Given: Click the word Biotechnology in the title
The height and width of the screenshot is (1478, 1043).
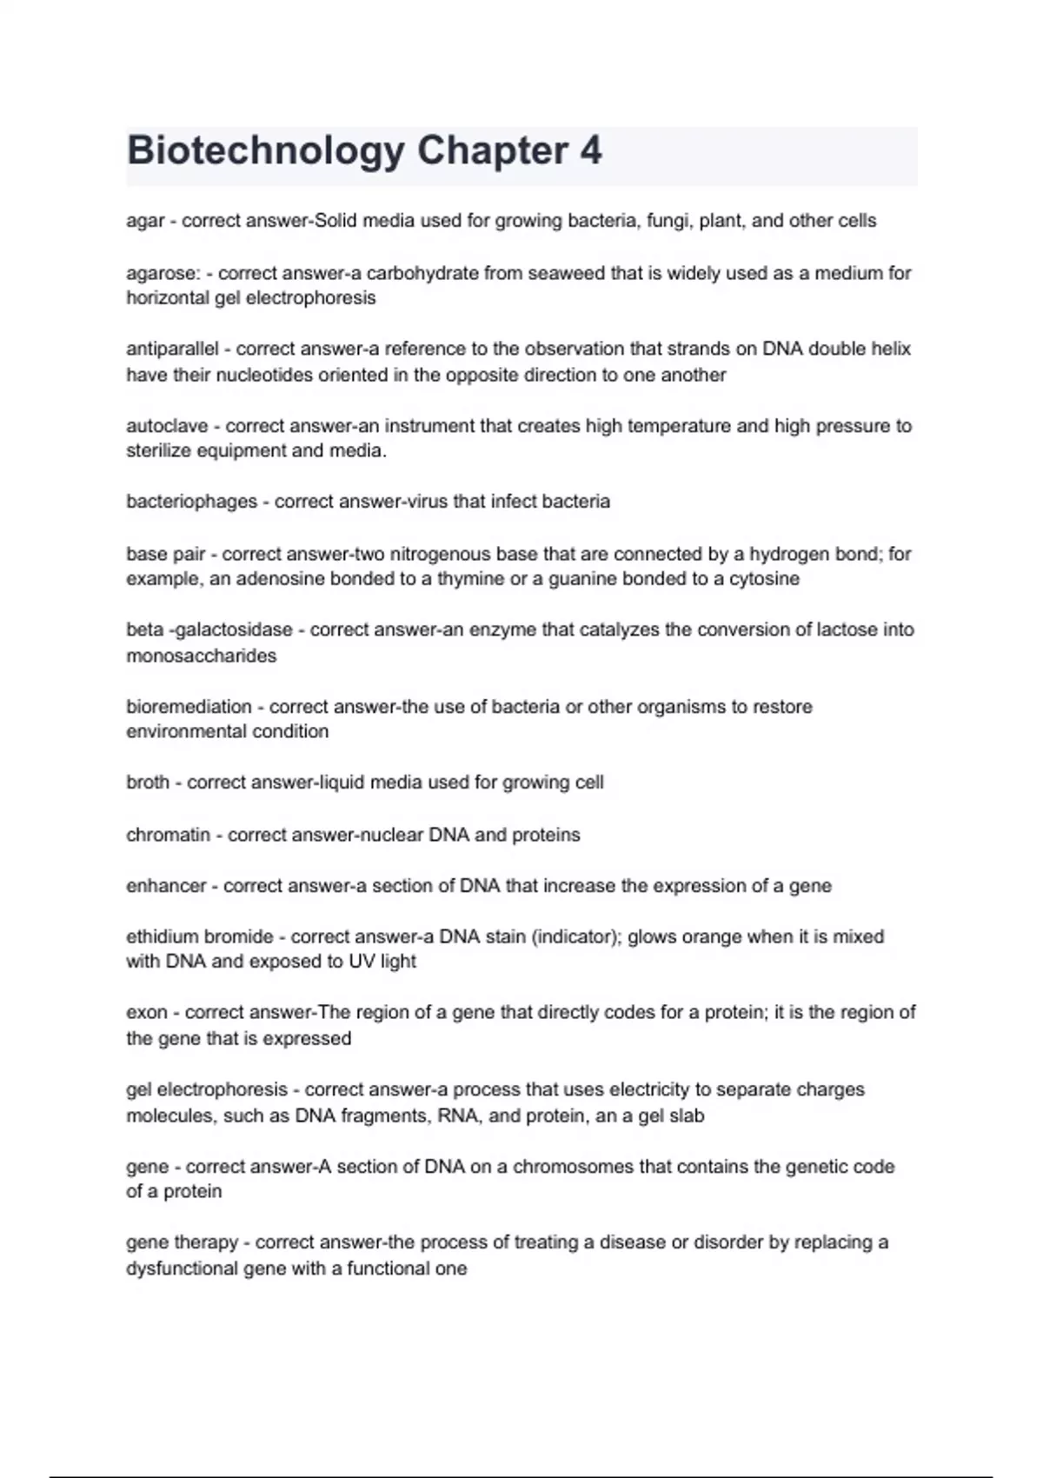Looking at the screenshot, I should (265, 151).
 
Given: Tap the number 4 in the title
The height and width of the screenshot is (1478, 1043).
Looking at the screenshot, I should (590, 150).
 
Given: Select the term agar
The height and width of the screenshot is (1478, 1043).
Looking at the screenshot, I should (145, 221).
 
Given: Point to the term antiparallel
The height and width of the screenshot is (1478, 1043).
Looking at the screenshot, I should (172, 349).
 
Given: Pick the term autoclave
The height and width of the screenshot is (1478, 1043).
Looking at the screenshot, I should (167, 426).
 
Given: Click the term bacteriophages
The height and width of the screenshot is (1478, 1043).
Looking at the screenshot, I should (191, 502).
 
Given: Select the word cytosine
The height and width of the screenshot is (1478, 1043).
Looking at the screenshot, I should (764, 579).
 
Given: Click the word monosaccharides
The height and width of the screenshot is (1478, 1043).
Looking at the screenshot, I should (201, 656).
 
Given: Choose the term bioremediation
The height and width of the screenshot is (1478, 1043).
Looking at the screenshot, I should (189, 707).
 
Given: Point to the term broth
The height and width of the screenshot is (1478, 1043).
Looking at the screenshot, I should (148, 782).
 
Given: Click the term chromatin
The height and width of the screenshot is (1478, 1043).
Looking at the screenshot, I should (168, 835).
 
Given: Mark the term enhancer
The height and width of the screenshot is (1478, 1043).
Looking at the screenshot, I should (166, 886).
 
